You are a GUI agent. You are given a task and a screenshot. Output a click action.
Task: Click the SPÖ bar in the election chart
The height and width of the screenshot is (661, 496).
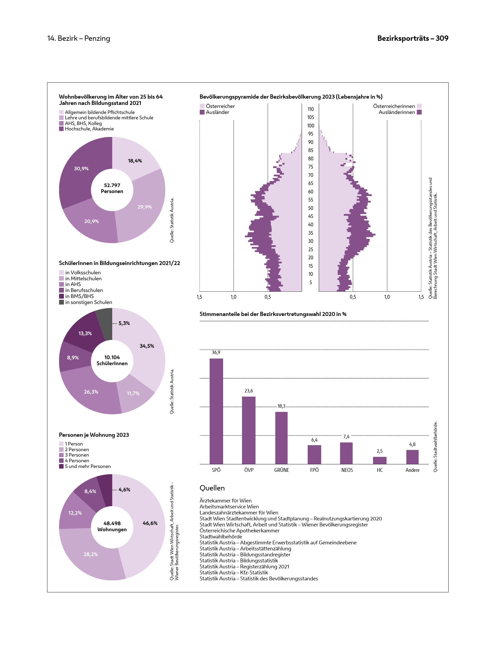click(x=216, y=411)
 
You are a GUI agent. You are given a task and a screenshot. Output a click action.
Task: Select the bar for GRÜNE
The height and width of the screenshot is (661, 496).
click(x=281, y=438)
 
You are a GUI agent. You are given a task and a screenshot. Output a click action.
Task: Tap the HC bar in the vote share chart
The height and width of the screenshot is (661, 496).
click(x=380, y=460)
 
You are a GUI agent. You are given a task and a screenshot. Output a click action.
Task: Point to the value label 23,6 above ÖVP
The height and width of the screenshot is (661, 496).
click(x=249, y=391)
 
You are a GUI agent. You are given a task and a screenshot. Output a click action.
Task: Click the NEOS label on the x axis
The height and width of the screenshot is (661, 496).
click(x=347, y=470)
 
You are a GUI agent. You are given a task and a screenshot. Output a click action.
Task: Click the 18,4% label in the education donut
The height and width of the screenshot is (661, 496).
click(x=135, y=161)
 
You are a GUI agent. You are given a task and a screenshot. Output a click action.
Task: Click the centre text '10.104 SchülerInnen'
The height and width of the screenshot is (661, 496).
click(x=112, y=360)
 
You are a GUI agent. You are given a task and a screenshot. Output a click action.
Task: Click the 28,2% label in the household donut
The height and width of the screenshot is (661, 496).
click(x=91, y=554)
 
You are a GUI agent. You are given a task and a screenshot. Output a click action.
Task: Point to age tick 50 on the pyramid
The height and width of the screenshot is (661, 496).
click(x=311, y=208)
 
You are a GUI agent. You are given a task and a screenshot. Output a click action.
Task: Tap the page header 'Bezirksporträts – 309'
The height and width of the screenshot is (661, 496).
click(x=413, y=38)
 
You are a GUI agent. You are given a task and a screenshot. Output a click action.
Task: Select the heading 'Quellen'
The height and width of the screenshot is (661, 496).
click(x=212, y=488)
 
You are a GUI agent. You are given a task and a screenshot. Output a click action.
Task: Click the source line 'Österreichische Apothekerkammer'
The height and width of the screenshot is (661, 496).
click(x=239, y=531)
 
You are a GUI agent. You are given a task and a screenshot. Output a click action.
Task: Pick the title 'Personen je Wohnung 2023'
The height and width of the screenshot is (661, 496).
click(x=94, y=435)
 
